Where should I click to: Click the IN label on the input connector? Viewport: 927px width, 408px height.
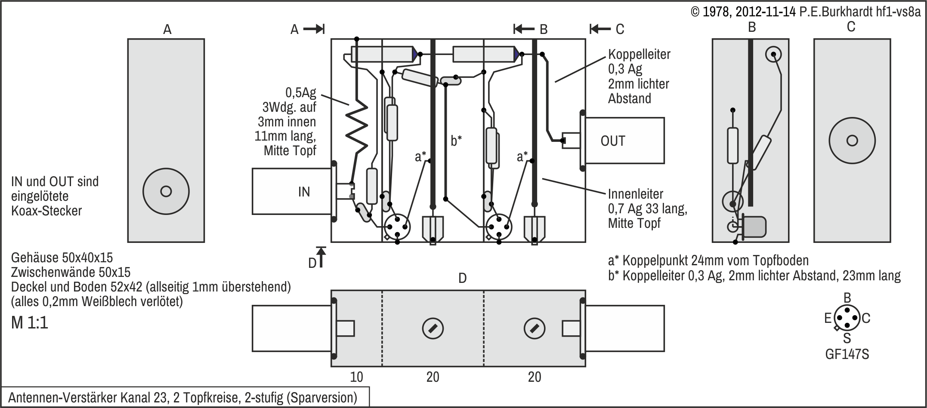tap(304, 192)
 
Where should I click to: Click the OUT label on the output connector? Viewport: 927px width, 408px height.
tap(612, 141)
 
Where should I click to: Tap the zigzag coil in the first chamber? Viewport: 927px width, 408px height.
tap(357, 127)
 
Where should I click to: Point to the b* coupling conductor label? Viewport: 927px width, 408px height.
tap(456, 141)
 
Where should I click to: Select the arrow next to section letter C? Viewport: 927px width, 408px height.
tap(600, 29)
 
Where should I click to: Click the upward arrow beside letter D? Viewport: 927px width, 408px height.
tap(321, 257)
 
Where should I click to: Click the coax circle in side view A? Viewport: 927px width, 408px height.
tap(166, 191)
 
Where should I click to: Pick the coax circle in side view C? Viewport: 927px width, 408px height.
tap(852, 141)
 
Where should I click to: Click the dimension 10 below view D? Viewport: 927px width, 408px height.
tap(356, 377)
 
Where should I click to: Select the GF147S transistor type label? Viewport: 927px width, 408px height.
tap(847, 354)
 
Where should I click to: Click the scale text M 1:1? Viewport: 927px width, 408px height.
tap(30, 322)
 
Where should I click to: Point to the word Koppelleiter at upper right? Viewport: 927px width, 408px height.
tap(639, 55)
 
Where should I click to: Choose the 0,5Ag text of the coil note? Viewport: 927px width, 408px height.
tap(300, 92)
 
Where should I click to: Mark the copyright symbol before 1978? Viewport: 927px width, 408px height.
tap(695, 12)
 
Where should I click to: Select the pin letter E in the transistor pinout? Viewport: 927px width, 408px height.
tap(828, 319)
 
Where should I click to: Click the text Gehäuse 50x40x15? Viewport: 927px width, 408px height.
tap(62, 258)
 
